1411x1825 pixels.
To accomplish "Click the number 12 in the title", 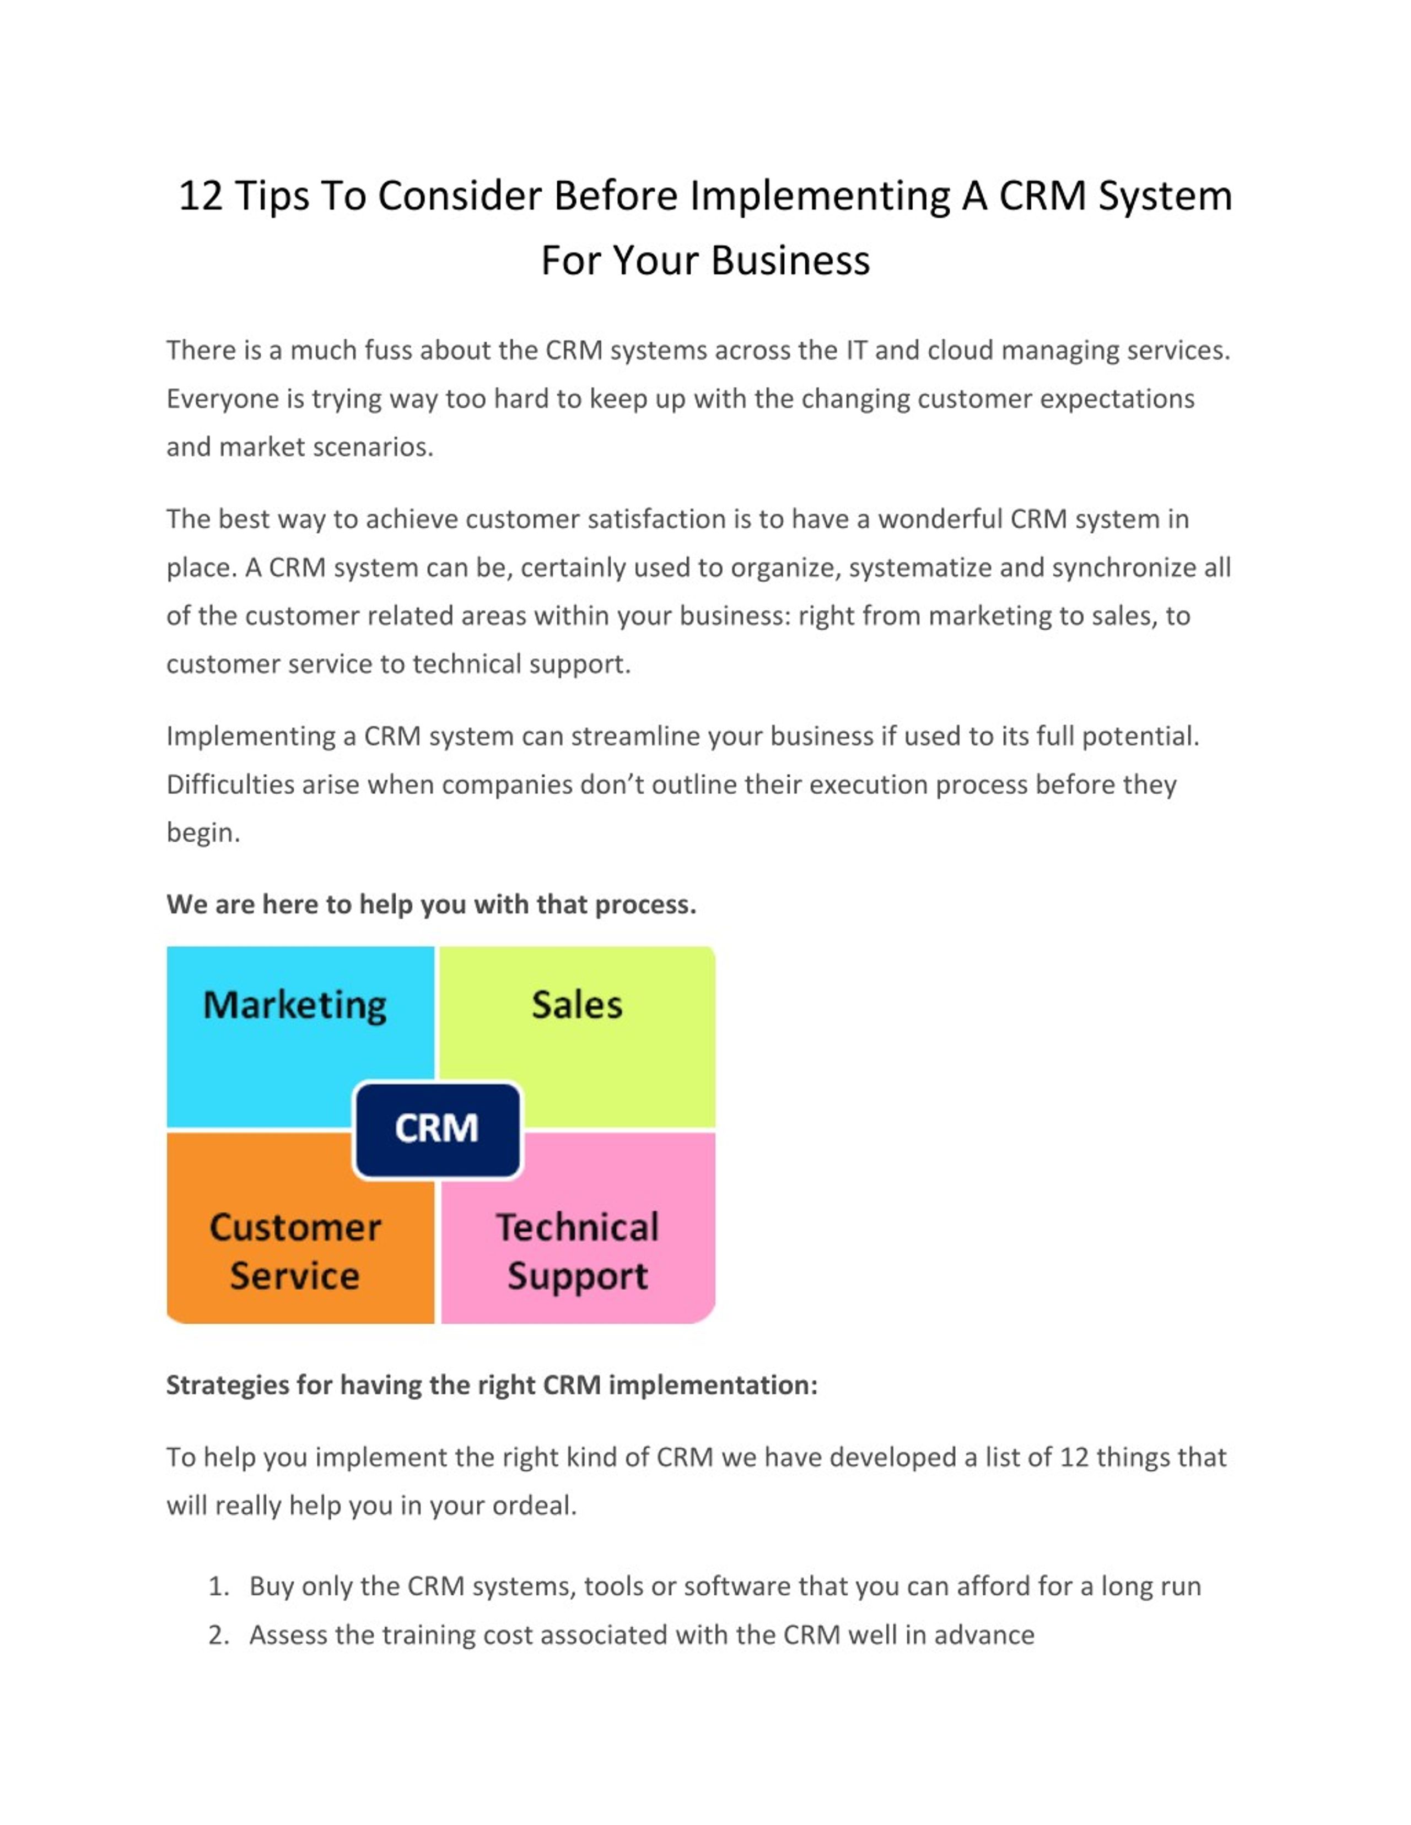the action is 201,196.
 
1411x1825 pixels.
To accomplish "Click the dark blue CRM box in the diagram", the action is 437,1130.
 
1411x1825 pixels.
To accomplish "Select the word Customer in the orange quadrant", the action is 295,1227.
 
